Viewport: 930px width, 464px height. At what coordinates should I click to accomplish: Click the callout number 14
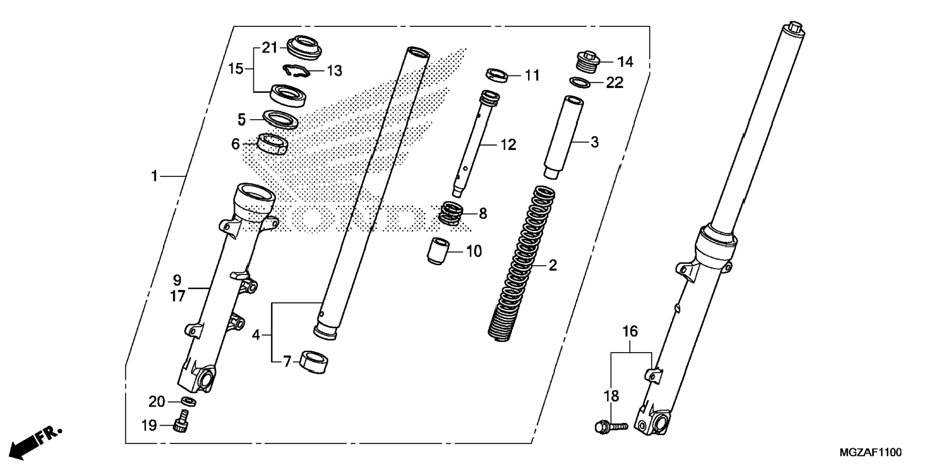(625, 62)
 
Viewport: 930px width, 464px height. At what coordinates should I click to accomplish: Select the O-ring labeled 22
(580, 83)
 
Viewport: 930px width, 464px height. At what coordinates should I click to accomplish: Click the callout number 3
(594, 142)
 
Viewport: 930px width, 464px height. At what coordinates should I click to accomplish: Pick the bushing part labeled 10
(438, 251)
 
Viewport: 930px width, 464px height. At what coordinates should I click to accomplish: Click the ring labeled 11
(497, 75)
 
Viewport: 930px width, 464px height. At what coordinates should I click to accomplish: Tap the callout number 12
(508, 145)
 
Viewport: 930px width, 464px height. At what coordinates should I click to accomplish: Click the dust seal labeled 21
(304, 47)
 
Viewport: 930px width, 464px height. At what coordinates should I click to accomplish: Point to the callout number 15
(236, 69)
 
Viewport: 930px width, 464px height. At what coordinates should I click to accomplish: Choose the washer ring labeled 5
(280, 120)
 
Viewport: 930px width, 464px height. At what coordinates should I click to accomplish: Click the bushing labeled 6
(273, 144)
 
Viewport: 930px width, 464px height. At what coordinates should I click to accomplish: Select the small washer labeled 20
(189, 401)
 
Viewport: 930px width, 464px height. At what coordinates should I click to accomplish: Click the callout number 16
(630, 331)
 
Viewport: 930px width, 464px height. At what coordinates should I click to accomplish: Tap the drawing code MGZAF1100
(870, 452)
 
